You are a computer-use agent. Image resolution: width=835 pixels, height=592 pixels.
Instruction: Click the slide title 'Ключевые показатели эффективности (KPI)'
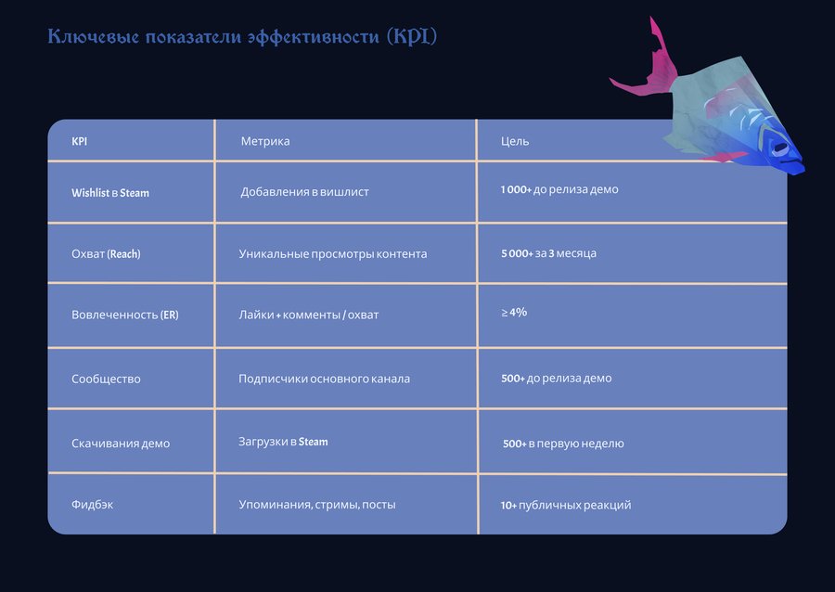(x=242, y=37)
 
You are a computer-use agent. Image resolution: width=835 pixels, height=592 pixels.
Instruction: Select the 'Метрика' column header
(x=265, y=141)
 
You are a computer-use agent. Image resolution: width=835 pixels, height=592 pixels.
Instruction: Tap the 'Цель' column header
(x=515, y=141)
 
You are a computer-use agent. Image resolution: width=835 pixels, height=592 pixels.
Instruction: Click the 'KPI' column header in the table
(x=80, y=141)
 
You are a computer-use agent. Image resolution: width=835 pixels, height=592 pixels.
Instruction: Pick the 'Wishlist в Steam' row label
(x=110, y=193)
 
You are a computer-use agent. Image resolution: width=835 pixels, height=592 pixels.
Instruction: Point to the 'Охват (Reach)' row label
(x=106, y=254)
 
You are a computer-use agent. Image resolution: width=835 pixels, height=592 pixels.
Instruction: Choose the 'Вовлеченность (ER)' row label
(x=125, y=315)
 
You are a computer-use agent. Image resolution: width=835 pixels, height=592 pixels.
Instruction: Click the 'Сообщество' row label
(x=106, y=380)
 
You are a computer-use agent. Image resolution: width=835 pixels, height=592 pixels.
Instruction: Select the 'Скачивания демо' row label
(x=121, y=444)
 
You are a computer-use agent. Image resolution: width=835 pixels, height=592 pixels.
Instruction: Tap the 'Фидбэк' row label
(x=92, y=504)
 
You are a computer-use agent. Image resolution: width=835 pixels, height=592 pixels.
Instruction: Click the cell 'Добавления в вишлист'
(x=304, y=192)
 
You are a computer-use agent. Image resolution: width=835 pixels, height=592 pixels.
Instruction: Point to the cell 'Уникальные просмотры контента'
(x=333, y=254)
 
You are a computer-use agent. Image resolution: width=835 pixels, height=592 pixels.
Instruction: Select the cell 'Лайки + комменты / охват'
(x=309, y=315)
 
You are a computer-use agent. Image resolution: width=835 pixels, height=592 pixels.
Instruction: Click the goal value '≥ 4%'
(x=514, y=312)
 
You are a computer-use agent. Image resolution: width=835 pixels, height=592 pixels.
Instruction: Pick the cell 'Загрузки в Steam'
(x=283, y=442)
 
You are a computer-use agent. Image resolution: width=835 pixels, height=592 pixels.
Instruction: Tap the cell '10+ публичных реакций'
(x=566, y=505)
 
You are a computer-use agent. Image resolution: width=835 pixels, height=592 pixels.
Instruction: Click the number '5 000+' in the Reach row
(x=517, y=253)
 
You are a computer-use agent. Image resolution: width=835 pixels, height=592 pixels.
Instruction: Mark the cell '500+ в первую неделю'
(x=563, y=444)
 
